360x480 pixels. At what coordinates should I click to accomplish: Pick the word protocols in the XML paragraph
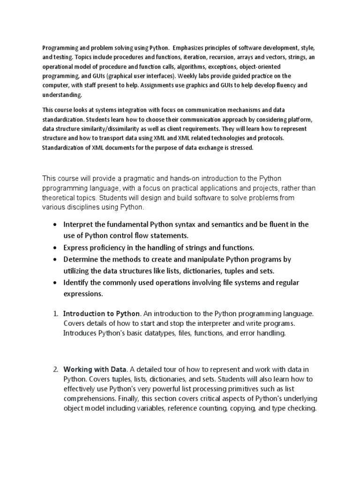coord(272,138)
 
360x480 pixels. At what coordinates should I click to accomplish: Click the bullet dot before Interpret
coord(56,225)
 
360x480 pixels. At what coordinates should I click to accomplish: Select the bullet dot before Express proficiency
coord(56,248)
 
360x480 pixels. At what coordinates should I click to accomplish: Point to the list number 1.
coord(55,314)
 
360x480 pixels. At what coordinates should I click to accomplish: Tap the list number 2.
coord(55,370)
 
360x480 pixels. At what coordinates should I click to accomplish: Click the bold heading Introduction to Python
coord(101,314)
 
